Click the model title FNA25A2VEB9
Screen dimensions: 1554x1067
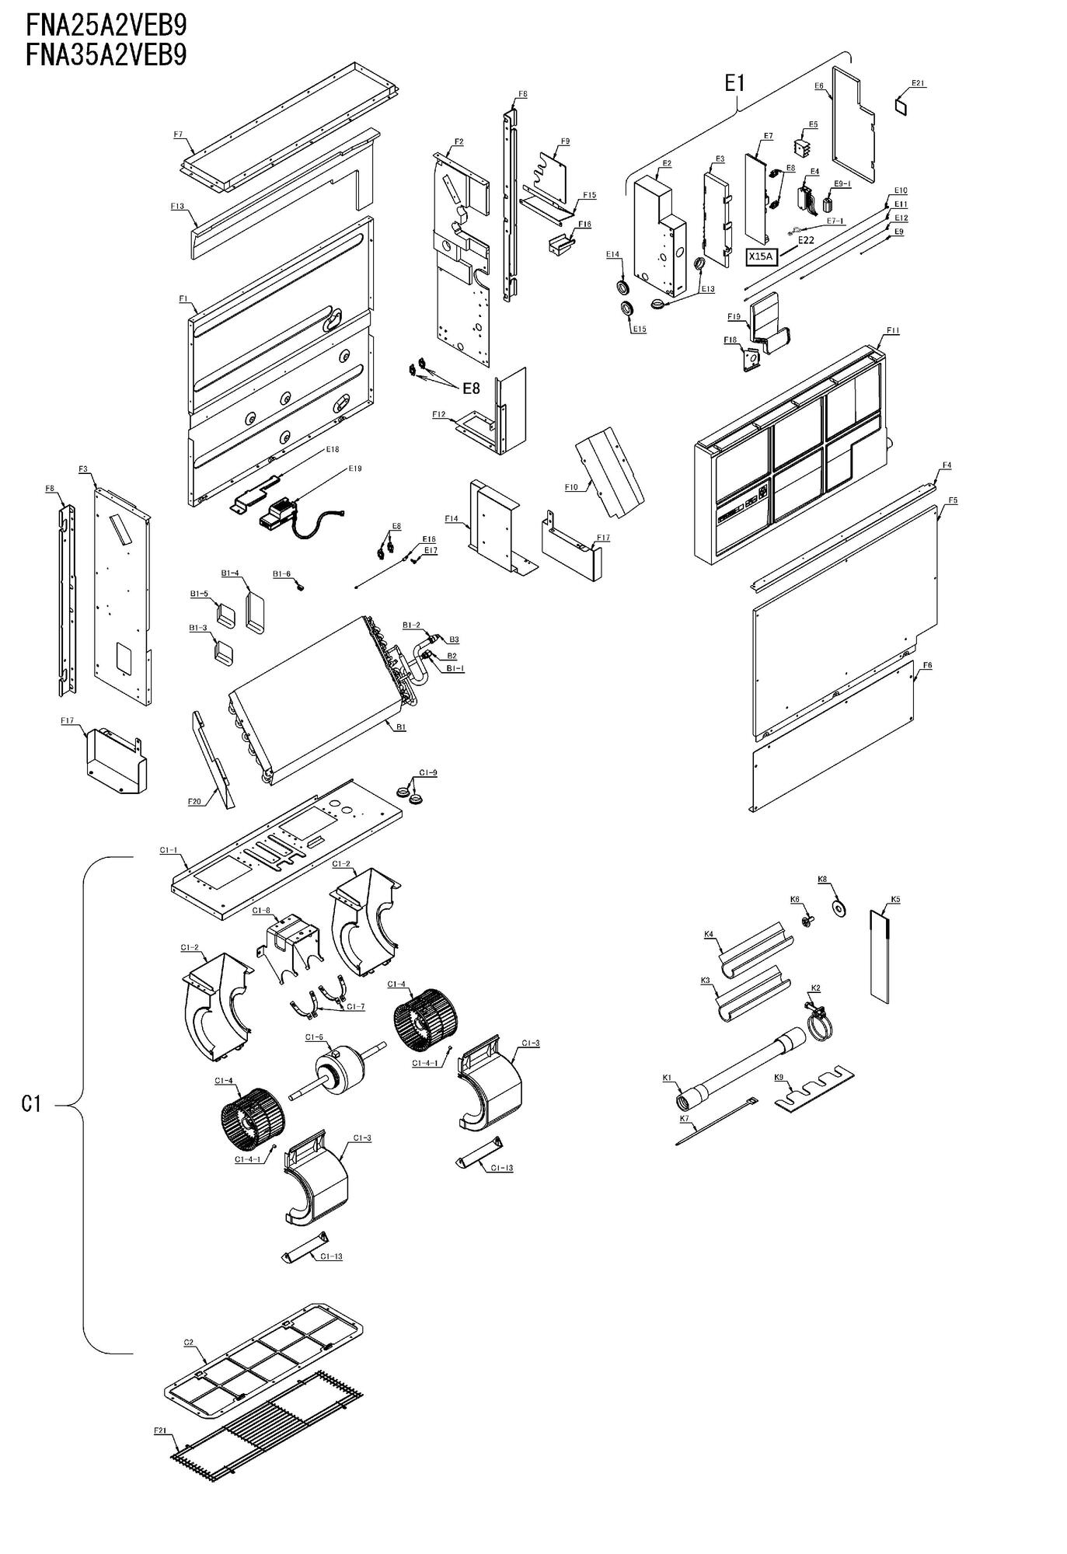[106, 25]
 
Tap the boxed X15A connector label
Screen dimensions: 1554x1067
[762, 256]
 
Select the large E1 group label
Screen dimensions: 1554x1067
[734, 84]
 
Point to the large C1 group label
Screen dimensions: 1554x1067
[30, 1103]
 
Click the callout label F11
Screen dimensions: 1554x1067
[892, 330]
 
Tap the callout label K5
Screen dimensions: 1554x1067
[895, 899]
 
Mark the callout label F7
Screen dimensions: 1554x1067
[178, 134]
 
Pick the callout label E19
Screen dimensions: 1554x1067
[355, 469]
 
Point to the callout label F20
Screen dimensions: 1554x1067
[194, 801]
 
